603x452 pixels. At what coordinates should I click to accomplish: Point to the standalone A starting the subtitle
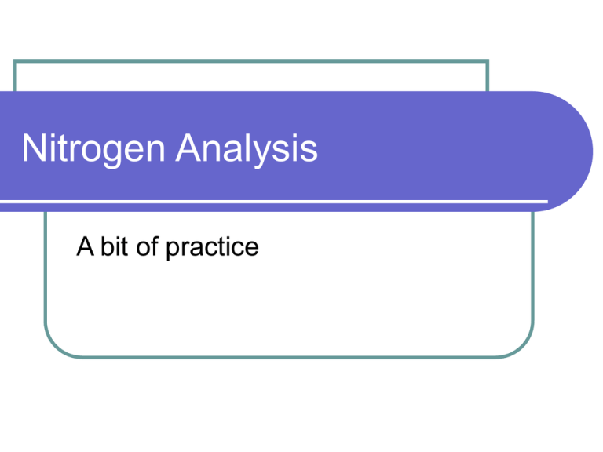[x=85, y=247]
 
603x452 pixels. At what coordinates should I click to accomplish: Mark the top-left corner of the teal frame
[x=15, y=60]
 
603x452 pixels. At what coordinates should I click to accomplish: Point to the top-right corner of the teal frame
[x=488, y=60]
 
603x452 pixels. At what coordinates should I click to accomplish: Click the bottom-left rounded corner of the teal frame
[x=52, y=350]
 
